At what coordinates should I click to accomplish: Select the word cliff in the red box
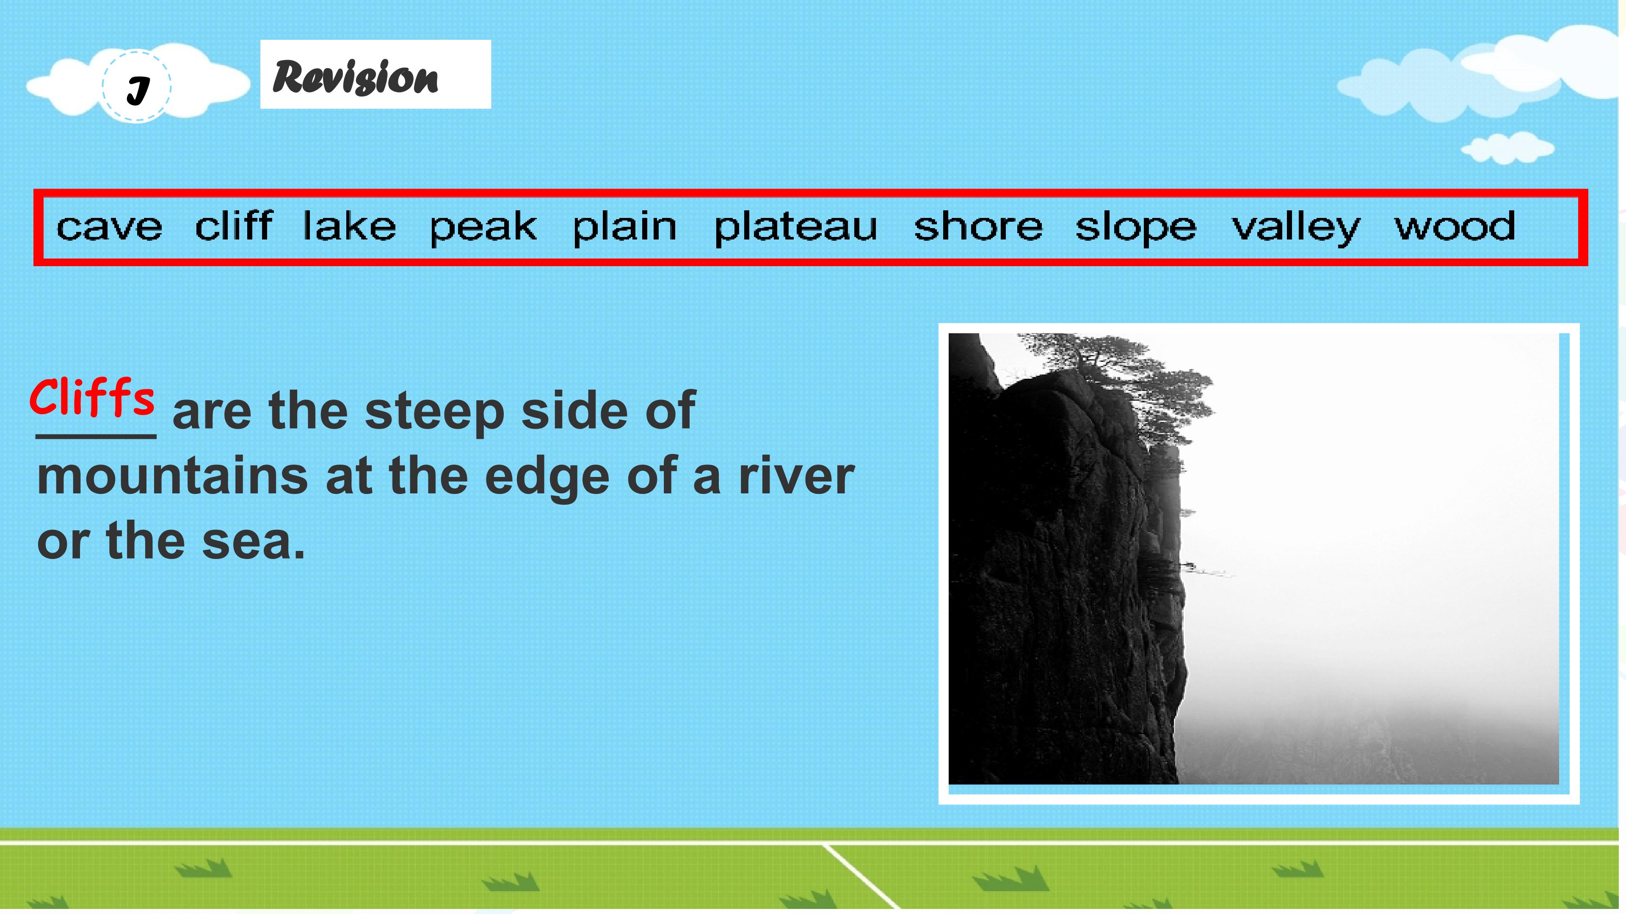pos(234,225)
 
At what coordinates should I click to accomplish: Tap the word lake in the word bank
pos(349,225)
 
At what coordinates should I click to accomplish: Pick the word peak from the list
pos(483,227)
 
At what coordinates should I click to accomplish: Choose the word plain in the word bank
pos(624,227)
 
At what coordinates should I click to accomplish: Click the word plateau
pos(795,227)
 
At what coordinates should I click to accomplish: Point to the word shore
pos(978,225)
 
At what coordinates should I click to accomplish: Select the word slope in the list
pos(1135,227)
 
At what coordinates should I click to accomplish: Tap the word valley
pos(1296,227)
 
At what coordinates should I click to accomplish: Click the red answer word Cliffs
pos(92,397)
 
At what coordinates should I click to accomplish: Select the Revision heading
pos(355,77)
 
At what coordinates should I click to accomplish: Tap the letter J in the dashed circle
pos(138,90)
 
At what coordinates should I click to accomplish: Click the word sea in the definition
pos(253,541)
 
